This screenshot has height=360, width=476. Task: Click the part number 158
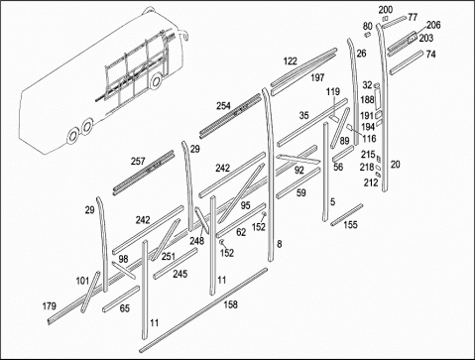coord(230,304)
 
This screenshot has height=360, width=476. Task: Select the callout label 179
coord(50,306)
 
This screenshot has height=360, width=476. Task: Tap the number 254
coord(223,106)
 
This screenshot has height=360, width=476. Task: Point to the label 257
coord(138,161)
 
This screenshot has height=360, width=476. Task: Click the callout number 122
coord(291,61)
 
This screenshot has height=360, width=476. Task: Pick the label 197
coord(317,77)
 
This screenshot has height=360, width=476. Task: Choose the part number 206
coord(433,25)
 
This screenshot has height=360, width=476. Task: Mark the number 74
coord(430,54)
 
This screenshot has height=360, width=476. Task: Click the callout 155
coord(350,225)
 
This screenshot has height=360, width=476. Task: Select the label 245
coord(179,274)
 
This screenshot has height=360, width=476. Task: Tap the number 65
coord(124,308)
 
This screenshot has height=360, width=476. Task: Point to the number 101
coord(82,281)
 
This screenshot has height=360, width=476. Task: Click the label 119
coord(333,91)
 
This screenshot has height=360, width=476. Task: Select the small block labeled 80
coord(367,34)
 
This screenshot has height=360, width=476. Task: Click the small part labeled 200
coord(385,19)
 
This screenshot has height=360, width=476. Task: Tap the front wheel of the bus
coord(155,81)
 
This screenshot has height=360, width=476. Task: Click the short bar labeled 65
coord(121,299)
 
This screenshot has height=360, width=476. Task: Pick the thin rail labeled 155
coord(347,215)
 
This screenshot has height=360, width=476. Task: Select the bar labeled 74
coord(407,62)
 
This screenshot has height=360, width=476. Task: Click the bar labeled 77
coord(395,21)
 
